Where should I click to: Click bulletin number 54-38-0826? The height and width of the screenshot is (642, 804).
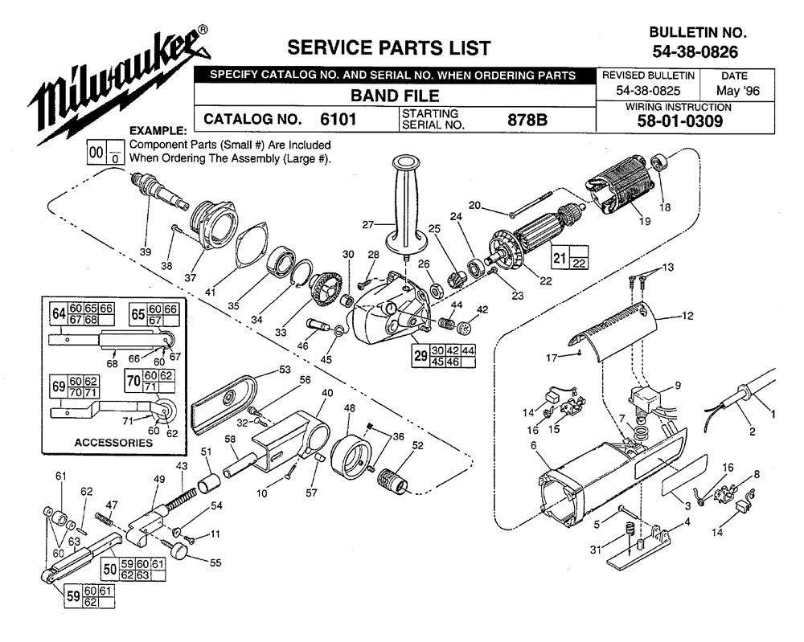coord(695,51)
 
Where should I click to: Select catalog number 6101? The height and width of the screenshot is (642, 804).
coord(338,120)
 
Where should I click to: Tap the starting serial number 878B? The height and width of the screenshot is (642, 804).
coord(527,120)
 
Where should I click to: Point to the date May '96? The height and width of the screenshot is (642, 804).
coord(737,92)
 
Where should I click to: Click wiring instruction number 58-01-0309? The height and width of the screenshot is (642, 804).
coord(680,121)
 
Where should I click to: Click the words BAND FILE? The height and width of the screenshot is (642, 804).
coord(395,96)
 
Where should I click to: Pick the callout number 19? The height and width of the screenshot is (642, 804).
coord(645,221)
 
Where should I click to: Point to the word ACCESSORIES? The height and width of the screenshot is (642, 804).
coord(113,443)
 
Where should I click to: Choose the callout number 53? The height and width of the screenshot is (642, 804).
coord(285,370)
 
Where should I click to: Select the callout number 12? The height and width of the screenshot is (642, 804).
coord(687,316)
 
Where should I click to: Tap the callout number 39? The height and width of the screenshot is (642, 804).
coord(146,251)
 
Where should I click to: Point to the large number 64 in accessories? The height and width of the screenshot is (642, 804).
coord(59,313)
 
